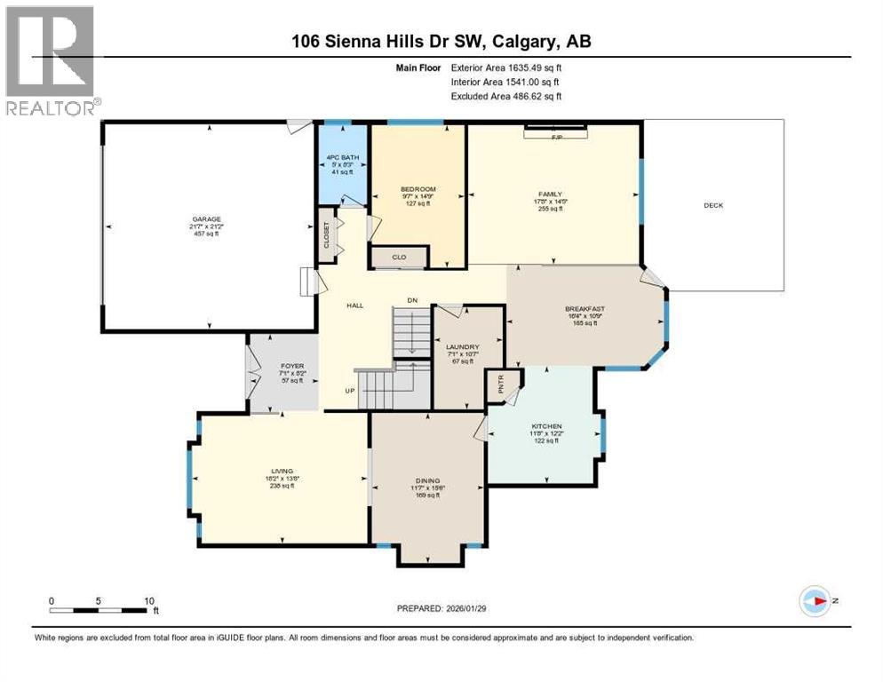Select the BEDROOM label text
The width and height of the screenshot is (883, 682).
click(x=418, y=189)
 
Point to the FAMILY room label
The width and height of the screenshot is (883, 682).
click(x=551, y=194)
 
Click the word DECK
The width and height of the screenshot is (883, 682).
click(x=713, y=205)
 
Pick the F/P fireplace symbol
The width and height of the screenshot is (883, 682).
click(x=557, y=135)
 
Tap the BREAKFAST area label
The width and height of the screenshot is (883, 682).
click(x=585, y=310)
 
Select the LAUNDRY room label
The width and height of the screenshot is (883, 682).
click(x=463, y=347)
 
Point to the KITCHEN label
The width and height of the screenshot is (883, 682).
click(x=546, y=427)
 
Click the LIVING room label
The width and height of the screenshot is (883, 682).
click(x=282, y=472)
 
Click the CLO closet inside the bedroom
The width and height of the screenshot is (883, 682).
click(x=399, y=258)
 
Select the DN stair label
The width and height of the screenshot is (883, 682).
click(x=412, y=300)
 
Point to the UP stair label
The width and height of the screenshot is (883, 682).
click(x=350, y=391)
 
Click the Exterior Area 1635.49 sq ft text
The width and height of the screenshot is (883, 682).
click(x=506, y=67)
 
